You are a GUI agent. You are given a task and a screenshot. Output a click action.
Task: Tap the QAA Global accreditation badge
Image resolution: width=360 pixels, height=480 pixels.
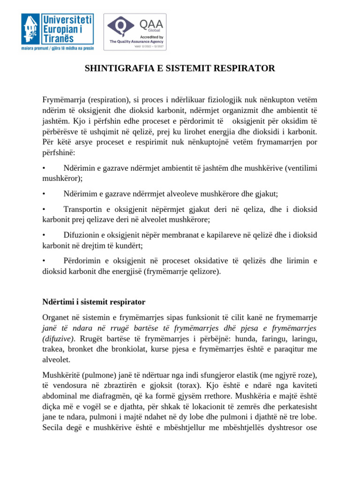click(x=135, y=31)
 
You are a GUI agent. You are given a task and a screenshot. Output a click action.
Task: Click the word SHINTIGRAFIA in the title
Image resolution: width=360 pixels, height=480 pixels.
click(x=115, y=69)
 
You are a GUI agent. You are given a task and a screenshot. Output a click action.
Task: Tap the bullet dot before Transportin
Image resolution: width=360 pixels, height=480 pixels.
click(x=44, y=210)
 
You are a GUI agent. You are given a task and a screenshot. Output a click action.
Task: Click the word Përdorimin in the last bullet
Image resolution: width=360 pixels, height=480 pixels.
click(x=83, y=261)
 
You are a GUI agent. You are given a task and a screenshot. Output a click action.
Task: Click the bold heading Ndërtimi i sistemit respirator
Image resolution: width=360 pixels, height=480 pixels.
click(x=94, y=301)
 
